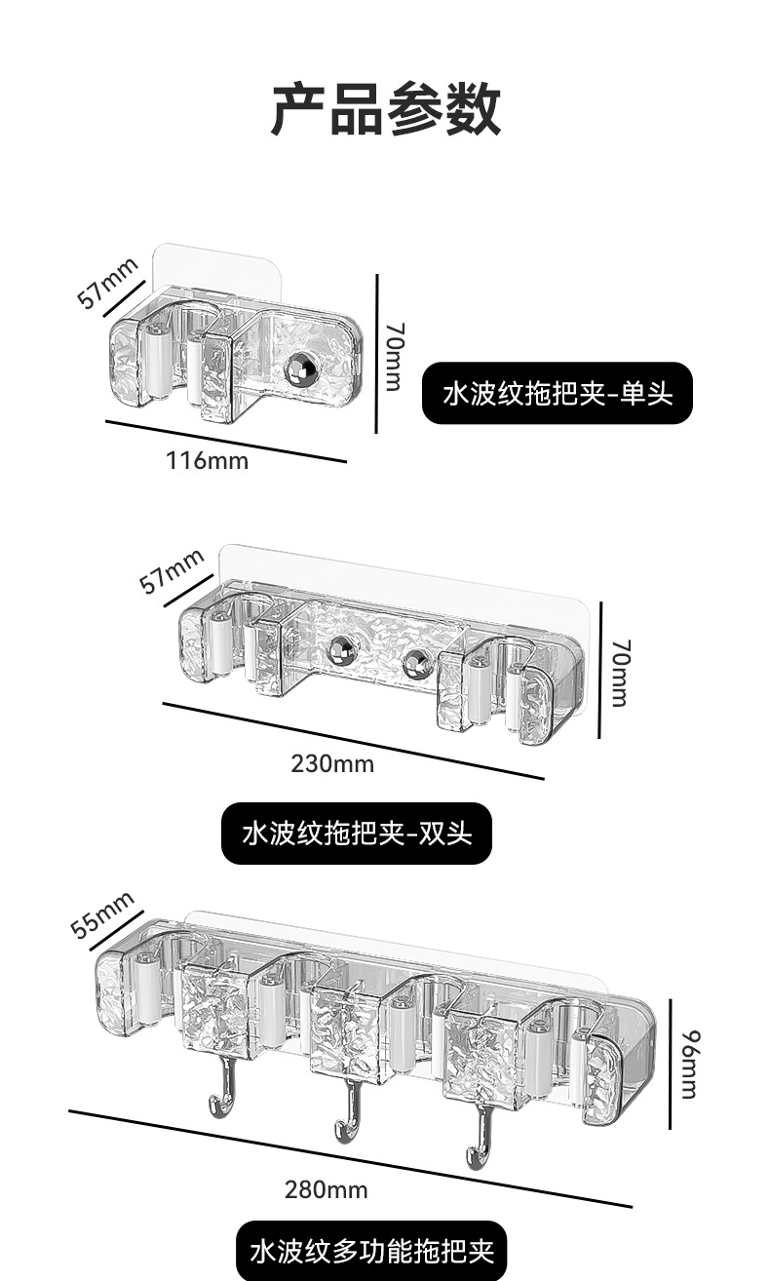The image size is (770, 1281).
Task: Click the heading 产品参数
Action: pyautogui.click(x=385, y=109)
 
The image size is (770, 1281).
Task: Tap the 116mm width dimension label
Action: pyautogui.click(x=207, y=460)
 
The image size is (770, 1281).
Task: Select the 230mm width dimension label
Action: pyautogui.click(x=332, y=763)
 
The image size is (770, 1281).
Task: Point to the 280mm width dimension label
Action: pyautogui.click(x=327, y=1189)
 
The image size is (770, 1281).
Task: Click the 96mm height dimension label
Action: pyautogui.click(x=688, y=1063)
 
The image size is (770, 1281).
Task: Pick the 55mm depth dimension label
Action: pyautogui.click(x=100, y=913)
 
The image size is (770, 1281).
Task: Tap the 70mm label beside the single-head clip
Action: pyautogui.click(x=392, y=357)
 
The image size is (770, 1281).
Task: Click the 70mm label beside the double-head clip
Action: pyautogui.click(x=620, y=673)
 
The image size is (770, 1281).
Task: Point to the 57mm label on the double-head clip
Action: pyautogui.click(x=172, y=570)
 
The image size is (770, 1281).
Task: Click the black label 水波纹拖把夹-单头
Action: pyautogui.click(x=557, y=393)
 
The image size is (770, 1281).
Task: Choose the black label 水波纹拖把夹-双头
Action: pyautogui.click(x=357, y=834)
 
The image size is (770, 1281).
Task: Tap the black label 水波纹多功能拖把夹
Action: pyautogui.click(x=371, y=1251)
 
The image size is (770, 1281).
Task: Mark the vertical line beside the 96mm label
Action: pyautogui.click(x=671, y=1064)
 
